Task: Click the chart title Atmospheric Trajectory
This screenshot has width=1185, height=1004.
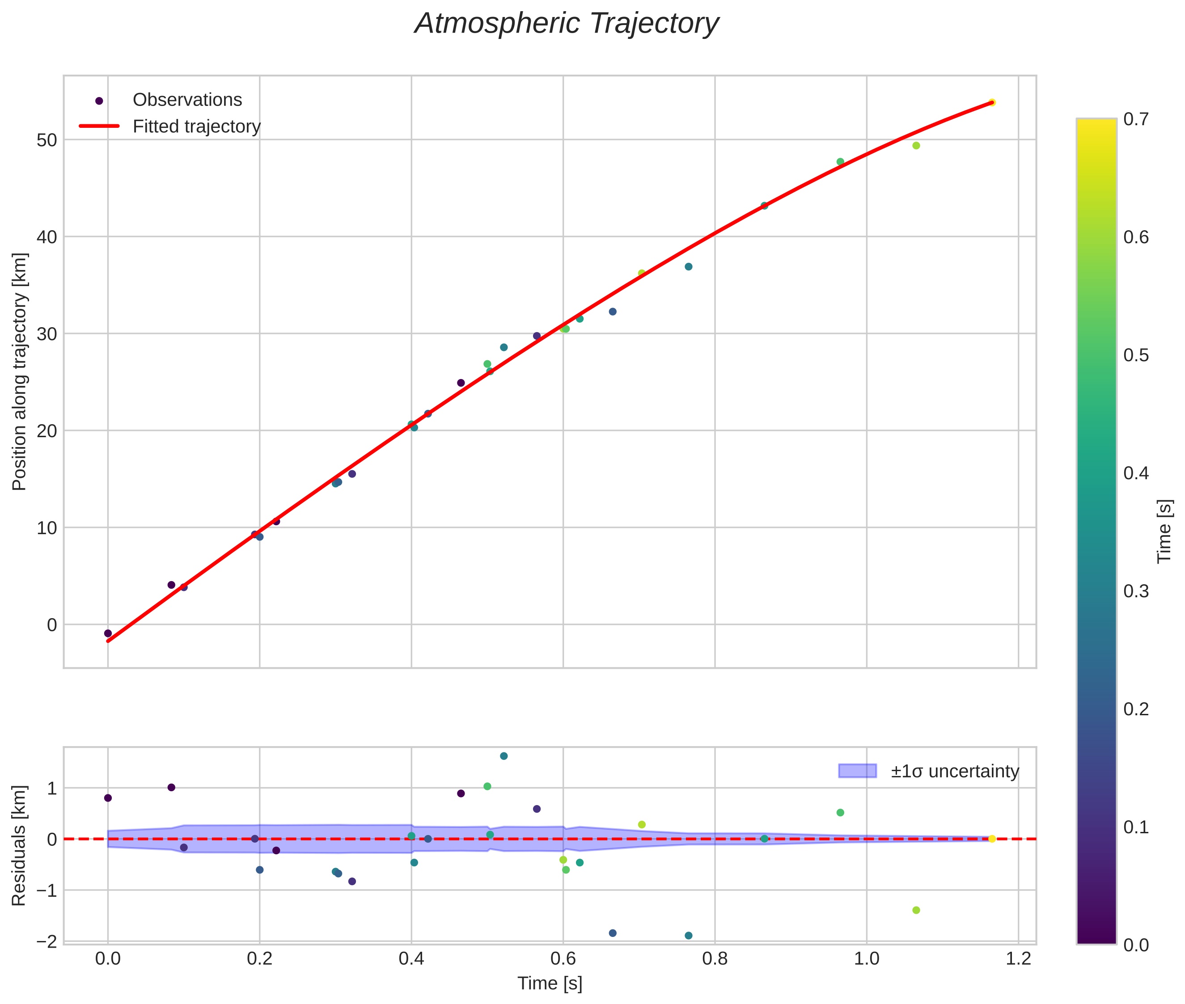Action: [x=567, y=24]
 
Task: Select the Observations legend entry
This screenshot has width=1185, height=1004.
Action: [x=187, y=100]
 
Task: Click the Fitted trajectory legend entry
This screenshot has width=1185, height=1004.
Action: [x=196, y=127]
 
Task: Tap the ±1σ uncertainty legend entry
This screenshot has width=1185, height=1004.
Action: [x=954, y=771]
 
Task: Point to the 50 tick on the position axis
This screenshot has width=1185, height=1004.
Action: [x=47, y=140]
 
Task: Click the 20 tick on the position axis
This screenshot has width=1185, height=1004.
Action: [x=47, y=431]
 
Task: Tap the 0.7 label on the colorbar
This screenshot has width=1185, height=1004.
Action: [x=1136, y=119]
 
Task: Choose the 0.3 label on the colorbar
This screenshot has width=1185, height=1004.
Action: [x=1136, y=591]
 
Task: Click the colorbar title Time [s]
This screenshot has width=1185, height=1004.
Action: [x=1165, y=531]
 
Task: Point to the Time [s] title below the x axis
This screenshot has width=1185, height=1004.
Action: [x=550, y=983]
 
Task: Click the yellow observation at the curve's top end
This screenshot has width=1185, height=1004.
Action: [x=991, y=102]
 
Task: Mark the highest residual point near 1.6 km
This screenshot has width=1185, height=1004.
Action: [x=504, y=756]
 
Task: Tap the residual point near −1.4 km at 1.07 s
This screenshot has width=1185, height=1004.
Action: [x=916, y=910]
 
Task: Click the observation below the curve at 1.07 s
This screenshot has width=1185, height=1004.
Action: [x=916, y=146]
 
